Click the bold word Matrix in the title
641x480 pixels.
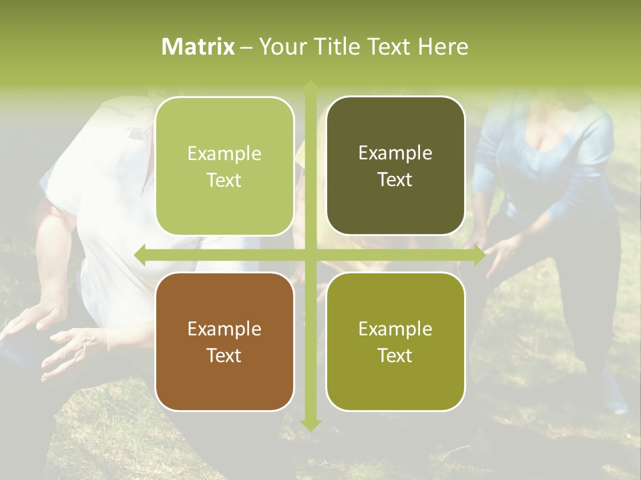point(198,47)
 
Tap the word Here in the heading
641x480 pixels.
point(443,47)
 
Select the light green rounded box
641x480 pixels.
point(224,166)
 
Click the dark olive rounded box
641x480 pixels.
point(395,166)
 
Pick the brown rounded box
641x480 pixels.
point(224,341)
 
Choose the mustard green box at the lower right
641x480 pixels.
point(395,341)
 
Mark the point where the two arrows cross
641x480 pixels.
point(310,254)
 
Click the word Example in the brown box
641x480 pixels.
point(224,329)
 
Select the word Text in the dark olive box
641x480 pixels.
point(395,180)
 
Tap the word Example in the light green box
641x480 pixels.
point(224,154)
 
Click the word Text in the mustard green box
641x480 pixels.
point(395,355)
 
